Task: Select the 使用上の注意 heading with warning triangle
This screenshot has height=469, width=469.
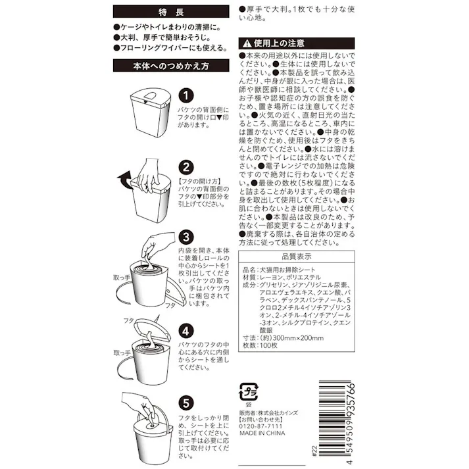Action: (x=295, y=43)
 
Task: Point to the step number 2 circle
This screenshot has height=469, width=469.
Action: (x=186, y=167)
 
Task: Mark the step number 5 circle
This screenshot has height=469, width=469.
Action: (x=186, y=399)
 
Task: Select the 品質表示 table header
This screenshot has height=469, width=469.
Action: (x=295, y=257)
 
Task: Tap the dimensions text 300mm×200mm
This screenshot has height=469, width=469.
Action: (x=292, y=338)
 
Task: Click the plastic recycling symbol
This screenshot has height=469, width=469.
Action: (x=249, y=390)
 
